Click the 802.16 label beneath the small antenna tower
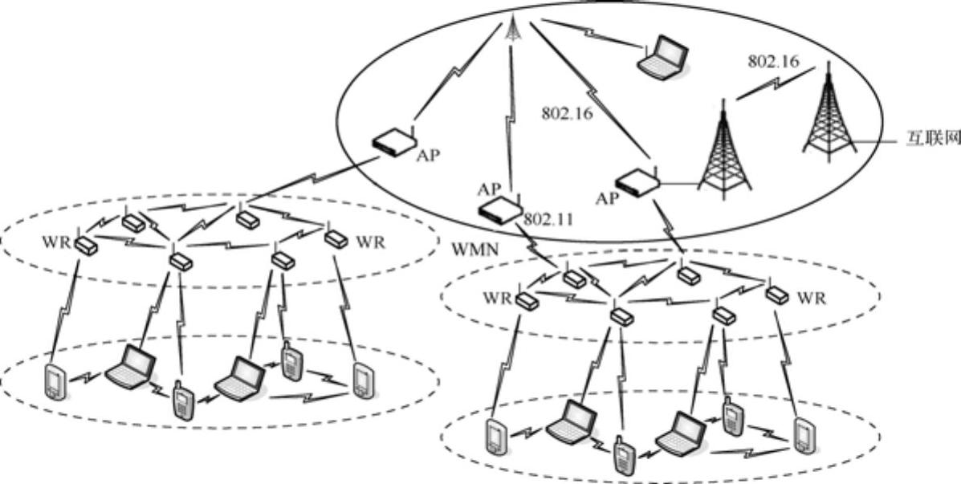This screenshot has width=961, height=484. click(567, 113)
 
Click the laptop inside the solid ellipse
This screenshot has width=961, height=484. click(663, 56)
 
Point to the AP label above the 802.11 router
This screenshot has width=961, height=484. click(489, 189)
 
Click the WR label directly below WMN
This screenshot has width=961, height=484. click(496, 299)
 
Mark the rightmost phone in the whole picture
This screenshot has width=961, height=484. click(802, 435)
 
